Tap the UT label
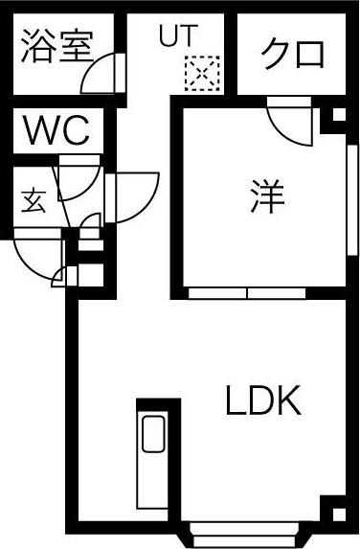(177, 36)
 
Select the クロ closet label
(292, 54)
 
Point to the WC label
(56, 130)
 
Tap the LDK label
(263, 400)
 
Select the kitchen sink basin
(153, 436)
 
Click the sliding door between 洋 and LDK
(247, 291)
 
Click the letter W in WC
(41, 130)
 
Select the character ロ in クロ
(309, 54)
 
